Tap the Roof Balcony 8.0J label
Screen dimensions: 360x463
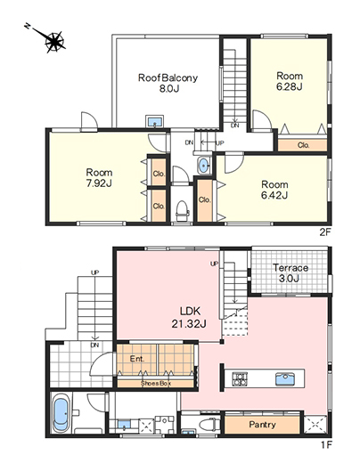[x=168, y=83]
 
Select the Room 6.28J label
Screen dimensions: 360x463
[x=290, y=81]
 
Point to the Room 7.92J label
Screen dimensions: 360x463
[x=99, y=178]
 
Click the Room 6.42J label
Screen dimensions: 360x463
[x=274, y=190]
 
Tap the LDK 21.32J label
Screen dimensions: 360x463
[x=189, y=317]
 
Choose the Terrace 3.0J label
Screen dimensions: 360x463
[x=290, y=273]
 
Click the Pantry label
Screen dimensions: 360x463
[x=262, y=425]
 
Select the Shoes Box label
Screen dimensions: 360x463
[x=156, y=383]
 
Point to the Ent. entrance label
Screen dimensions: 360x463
[x=137, y=359]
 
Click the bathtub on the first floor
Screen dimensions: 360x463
[x=61, y=414]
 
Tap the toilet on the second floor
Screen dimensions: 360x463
[x=182, y=210]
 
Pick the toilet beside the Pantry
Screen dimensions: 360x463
[x=209, y=425]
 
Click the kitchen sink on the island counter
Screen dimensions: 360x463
[x=285, y=379]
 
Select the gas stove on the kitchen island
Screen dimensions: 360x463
[x=240, y=379]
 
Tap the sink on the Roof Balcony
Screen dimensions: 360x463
[x=154, y=121]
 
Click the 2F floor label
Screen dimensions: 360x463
[x=325, y=232]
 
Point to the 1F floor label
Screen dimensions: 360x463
[x=326, y=445]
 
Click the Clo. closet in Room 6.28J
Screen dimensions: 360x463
[x=304, y=145]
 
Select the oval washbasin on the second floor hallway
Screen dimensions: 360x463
[x=203, y=165]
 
